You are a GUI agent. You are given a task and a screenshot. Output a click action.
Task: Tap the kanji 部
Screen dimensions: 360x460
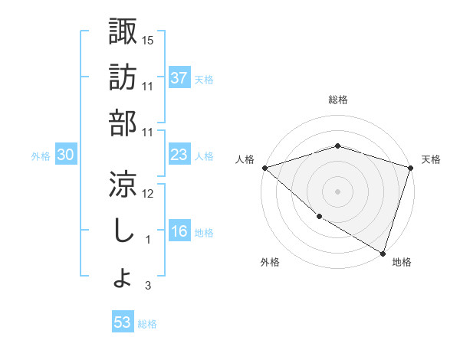tap(123, 123)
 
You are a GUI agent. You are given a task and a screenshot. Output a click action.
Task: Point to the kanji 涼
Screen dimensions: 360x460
tap(123, 184)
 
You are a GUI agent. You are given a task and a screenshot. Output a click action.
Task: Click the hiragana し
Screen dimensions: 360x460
tap(123, 230)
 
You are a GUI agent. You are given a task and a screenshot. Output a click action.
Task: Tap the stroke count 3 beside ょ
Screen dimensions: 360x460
tap(148, 286)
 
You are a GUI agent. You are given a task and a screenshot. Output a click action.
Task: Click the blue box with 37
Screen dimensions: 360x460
tap(179, 78)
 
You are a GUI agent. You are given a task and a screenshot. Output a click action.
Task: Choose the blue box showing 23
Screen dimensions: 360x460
tap(179, 155)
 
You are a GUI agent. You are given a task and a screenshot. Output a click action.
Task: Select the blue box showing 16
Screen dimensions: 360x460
tap(179, 231)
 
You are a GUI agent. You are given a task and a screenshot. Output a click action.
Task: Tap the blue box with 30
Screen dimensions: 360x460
tap(66, 155)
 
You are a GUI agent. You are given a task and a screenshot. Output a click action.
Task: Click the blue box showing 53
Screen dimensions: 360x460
tap(123, 322)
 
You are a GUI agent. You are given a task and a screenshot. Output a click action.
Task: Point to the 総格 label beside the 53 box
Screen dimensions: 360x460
tap(147, 324)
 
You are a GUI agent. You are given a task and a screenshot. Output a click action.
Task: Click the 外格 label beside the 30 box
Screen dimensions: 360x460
tap(41, 156)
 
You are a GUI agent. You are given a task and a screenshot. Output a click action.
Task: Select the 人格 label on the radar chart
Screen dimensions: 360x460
tap(245, 159)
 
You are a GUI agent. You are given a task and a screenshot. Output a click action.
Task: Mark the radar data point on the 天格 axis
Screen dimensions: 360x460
tap(410, 168)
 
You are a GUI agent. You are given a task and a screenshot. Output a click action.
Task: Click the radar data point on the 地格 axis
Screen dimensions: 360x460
tap(383, 252)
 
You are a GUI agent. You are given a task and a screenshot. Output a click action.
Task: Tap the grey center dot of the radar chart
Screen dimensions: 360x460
tap(337, 191)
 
